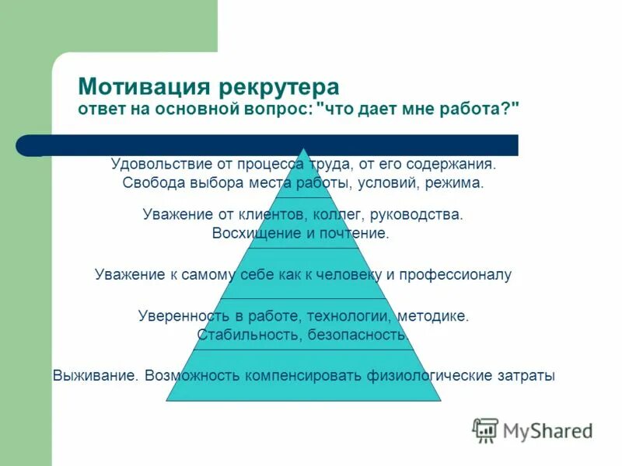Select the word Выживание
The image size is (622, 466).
point(96,376)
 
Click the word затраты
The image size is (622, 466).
point(527,376)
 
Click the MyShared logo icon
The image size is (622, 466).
point(486,429)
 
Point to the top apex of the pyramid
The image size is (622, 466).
point(303,148)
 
